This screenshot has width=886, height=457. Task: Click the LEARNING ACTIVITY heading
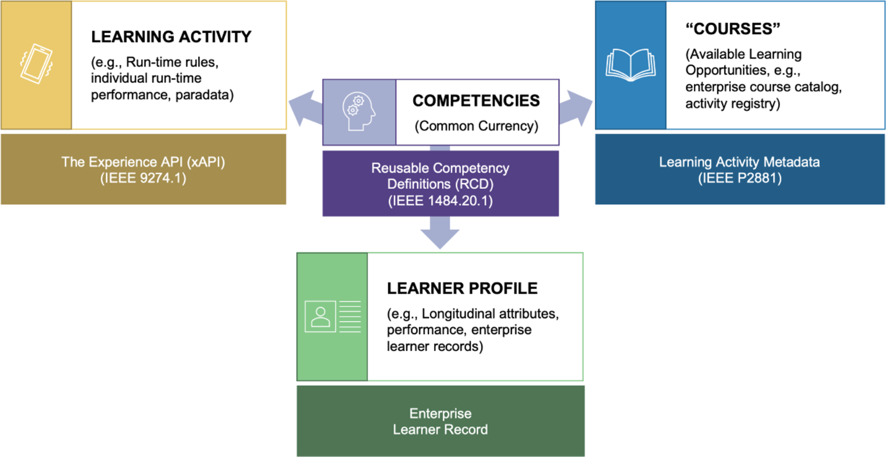tap(171, 37)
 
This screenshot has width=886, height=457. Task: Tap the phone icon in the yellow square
tap(36, 64)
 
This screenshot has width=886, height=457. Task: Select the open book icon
tap(631, 65)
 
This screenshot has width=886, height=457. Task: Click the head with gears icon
tap(359, 111)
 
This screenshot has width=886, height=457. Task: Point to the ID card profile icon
tap(332, 316)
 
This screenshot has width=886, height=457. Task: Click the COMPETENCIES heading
tap(476, 101)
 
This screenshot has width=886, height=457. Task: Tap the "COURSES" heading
tap(733, 29)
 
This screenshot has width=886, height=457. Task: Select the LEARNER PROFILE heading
tap(462, 288)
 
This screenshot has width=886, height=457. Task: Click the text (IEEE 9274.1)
tap(143, 178)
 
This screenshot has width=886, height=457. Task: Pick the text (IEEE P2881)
tap(739, 178)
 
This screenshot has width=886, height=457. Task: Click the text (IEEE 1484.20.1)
tap(440, 200)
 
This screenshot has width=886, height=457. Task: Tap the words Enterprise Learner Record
tap(440, 422)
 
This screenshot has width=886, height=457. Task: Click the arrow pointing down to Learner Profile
tap(440, 232)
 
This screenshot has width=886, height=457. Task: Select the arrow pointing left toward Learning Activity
tap(304, 107)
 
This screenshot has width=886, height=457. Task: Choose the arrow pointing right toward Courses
tap(576, 107)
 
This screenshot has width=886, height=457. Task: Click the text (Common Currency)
tap(476, 126)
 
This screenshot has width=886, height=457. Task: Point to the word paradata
tap(204, 95)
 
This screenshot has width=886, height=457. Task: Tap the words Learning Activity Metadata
tap(739, 162)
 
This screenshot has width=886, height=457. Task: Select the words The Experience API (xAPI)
tap(143, 162)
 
